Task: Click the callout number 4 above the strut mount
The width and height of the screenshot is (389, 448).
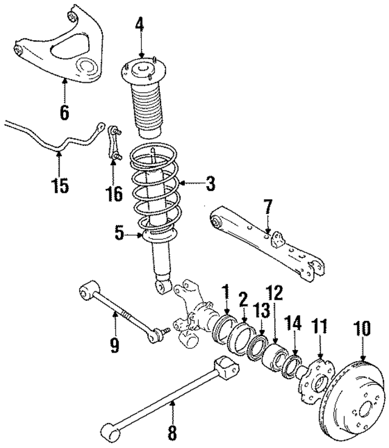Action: point(140,26)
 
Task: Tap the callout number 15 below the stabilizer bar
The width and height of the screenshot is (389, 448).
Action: point(59,185)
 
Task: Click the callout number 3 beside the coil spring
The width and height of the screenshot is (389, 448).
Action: point(210,183)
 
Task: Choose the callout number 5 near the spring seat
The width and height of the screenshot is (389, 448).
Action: point(119,232)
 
